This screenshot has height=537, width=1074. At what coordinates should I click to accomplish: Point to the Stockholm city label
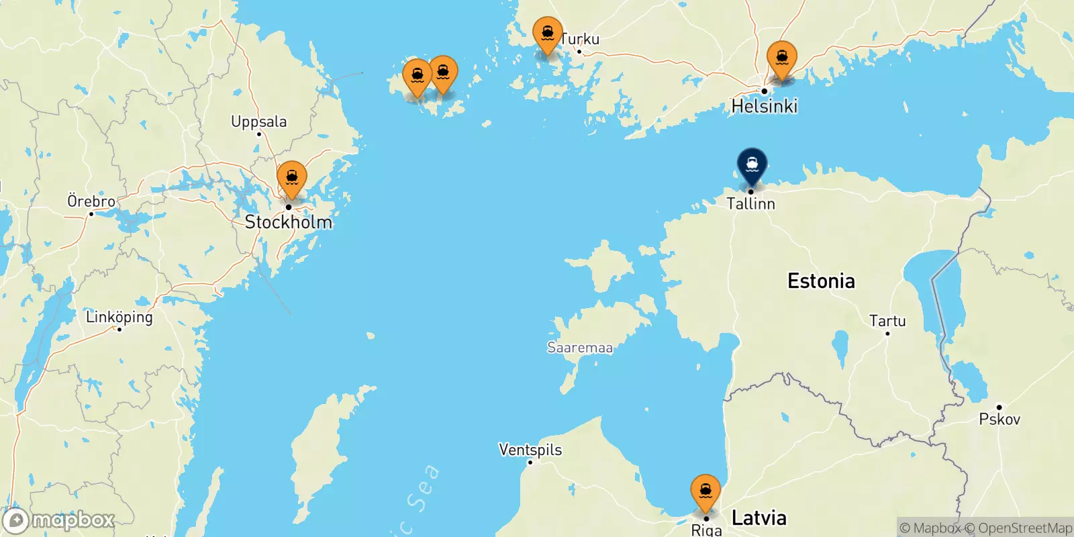(288, 222)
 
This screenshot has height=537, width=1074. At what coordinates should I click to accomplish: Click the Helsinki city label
(764, 106)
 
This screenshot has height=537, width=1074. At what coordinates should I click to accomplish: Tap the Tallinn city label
(750, 203)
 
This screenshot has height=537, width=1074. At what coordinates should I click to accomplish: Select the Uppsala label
(258, 121)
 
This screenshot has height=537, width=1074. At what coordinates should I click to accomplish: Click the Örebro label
(91, 201)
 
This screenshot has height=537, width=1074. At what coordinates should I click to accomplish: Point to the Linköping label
(119, 317)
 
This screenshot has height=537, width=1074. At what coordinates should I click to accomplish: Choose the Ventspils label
(530, 450)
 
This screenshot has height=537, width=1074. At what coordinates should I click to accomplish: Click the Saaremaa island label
(580, 348)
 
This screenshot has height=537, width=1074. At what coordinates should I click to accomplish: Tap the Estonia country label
(821, 281)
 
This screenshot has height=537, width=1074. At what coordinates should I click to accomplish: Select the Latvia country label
(759, 518)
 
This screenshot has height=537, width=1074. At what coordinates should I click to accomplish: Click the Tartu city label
(887, 321)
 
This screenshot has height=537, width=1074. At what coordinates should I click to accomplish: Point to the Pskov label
(999, 420)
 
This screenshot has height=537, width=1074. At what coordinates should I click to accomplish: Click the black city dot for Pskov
(999, 407)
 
